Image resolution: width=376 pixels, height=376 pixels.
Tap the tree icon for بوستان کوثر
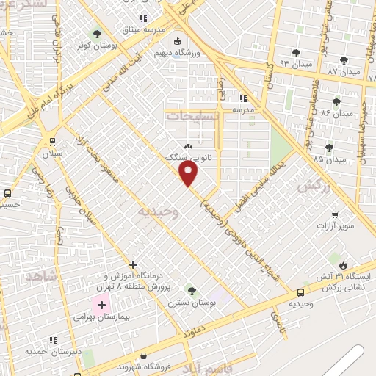(97, 34)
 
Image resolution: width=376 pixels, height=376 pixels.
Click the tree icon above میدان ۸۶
(337, 102)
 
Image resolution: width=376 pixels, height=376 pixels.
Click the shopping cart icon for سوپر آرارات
(335, 215)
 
